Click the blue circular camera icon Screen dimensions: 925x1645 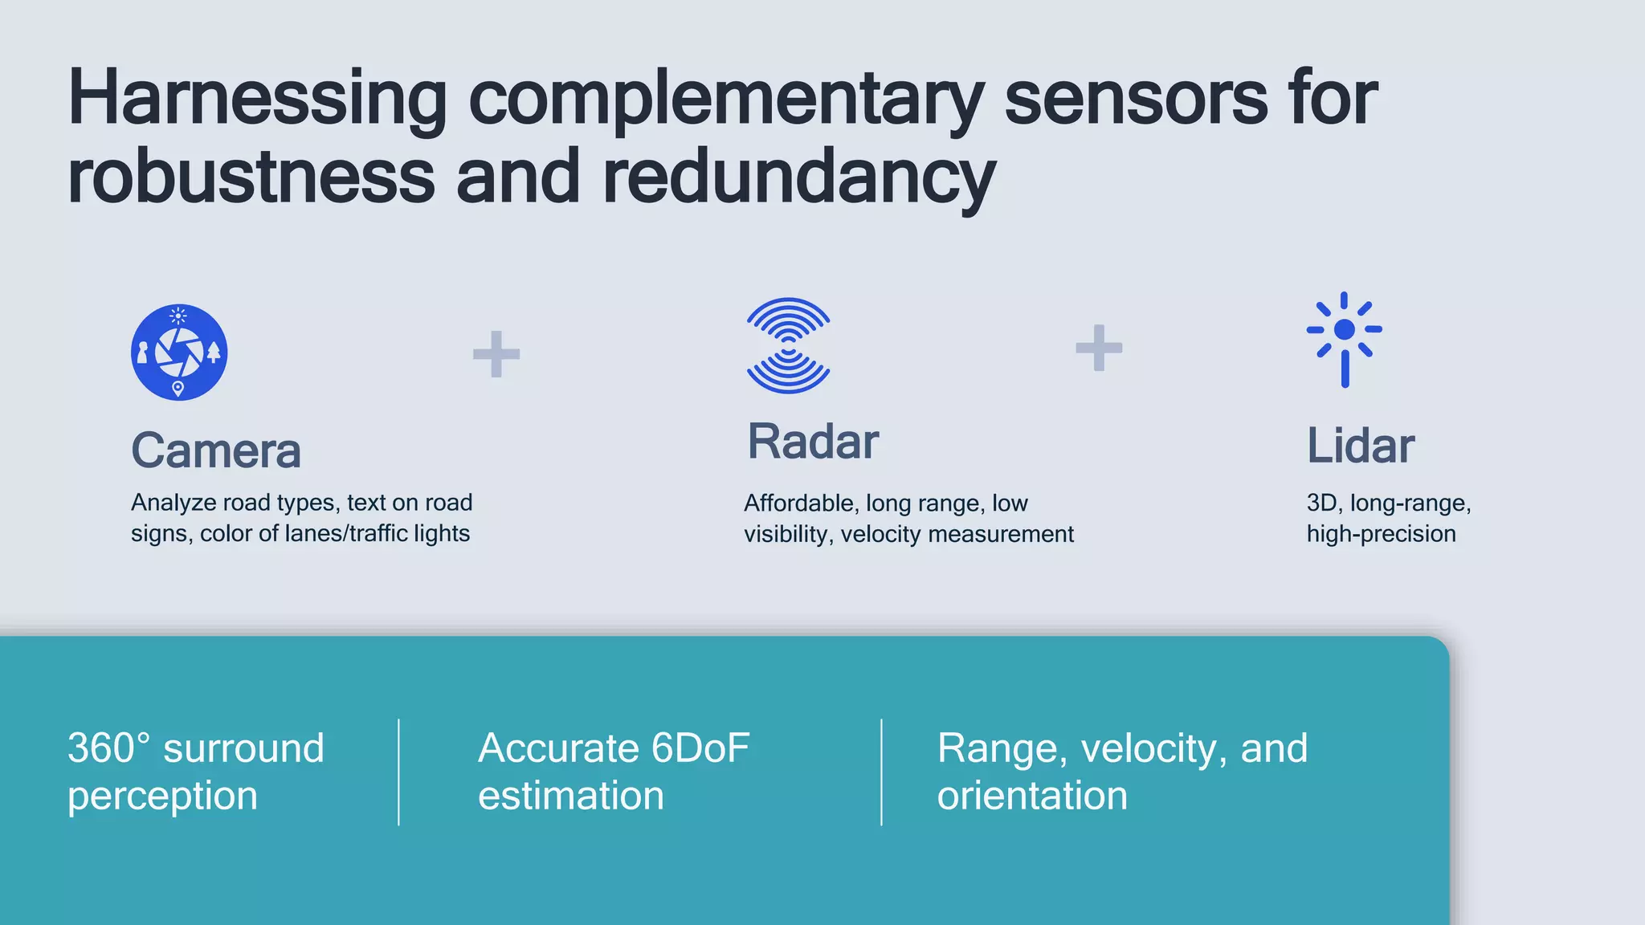click(179, 352)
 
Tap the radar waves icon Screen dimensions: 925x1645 click(788, 345)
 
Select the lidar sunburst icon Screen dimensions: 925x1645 click(1345, 337)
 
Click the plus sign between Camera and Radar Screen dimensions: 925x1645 click(496, 354)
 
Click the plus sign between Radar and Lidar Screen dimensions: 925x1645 click(1099, 348)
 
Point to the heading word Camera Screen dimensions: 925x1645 click(216, 450)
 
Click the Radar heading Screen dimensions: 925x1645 click(813, 442)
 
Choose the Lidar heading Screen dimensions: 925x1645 click(1360, 446)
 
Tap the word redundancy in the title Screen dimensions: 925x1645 click(799, 178)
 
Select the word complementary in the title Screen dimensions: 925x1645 click(725, 100)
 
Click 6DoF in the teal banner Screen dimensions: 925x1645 click(700, 748)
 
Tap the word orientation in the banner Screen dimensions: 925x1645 click(1032, 796)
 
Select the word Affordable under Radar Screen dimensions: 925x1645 click(800, 503)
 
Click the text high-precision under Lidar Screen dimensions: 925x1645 click(1381, 534)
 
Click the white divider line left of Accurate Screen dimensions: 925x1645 click(398, 772)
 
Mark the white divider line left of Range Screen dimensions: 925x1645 click(881, 772)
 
